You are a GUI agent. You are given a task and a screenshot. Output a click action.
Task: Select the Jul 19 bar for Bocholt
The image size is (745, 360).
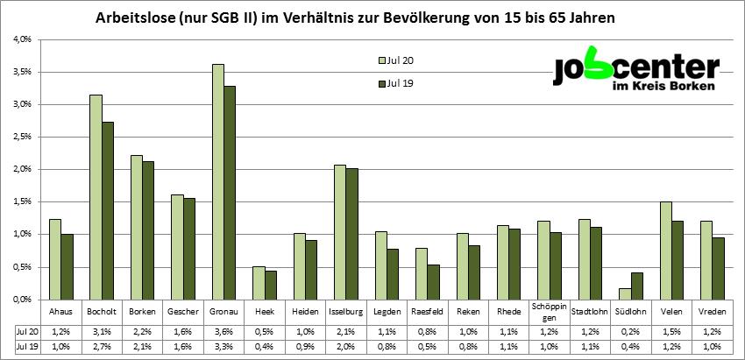108,210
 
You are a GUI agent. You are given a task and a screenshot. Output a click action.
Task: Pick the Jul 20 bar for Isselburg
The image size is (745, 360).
339,231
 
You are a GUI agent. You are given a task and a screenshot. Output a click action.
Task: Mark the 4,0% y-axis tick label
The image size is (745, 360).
20,40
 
